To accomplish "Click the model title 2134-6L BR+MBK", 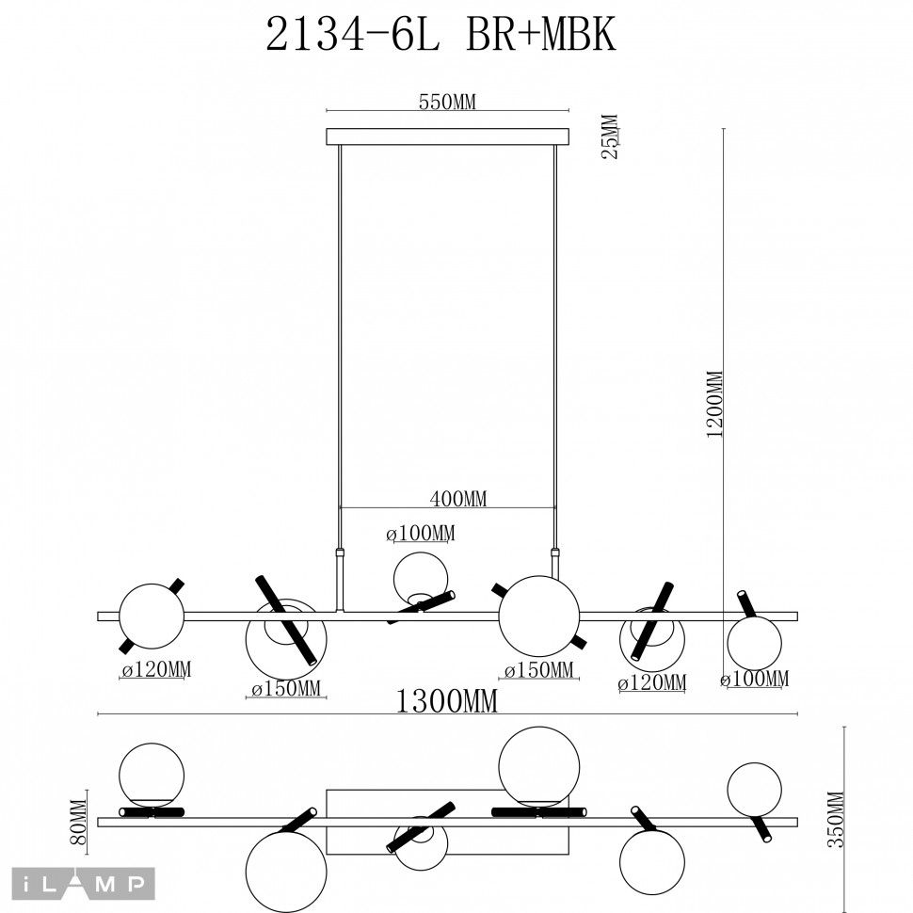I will (440, 36).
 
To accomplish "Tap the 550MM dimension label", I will (448, 103).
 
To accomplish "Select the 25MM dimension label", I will (610, 137).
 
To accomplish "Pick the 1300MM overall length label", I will (446, 701).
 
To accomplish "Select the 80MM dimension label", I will (79, 821).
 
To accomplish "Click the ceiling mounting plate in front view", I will (447, 137).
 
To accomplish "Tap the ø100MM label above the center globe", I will (421, 534).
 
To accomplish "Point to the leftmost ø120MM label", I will (156, 670).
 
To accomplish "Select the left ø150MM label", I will (286, 689).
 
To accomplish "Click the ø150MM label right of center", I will (538, 670).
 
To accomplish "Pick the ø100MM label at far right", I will (755, 679).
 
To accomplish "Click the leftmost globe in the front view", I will (151, 617).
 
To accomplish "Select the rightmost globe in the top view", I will (754, 789).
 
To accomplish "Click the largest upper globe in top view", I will (538, 765).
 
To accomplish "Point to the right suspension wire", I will (555, 348).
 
